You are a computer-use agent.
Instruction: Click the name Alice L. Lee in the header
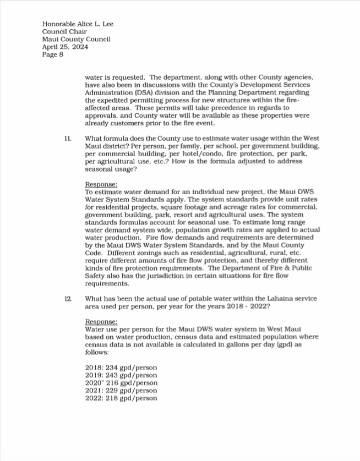(x=93, y=24)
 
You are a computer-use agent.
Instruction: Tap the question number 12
(x=68, y=298)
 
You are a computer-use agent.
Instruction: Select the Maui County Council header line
(x=76, y=39)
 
